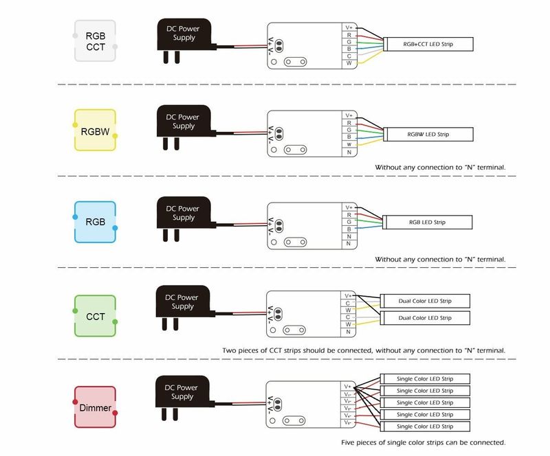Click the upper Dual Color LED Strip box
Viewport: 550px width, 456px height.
425,301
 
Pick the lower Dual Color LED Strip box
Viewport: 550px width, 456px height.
425,318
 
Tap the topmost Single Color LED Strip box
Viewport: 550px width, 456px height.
425,378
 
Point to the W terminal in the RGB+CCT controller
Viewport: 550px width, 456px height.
349,63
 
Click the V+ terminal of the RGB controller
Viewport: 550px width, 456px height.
349,207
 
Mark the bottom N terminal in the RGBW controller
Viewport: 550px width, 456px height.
349,152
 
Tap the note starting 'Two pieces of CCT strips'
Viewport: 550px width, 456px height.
364,350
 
